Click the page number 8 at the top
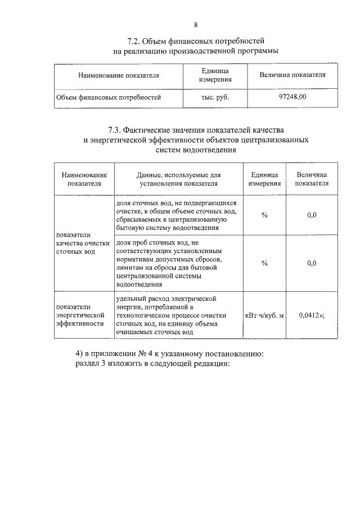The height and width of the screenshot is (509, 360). [196, 24]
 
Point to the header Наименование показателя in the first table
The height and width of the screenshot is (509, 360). [119, 75]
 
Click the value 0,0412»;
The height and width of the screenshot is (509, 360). [312, 315]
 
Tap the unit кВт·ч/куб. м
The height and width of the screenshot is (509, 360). [264, 315]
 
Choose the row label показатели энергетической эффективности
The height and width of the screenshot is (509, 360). [80, 315]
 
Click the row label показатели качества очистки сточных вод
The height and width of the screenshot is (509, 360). [82, 243]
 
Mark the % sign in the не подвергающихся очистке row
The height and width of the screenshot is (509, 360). [264, 215]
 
